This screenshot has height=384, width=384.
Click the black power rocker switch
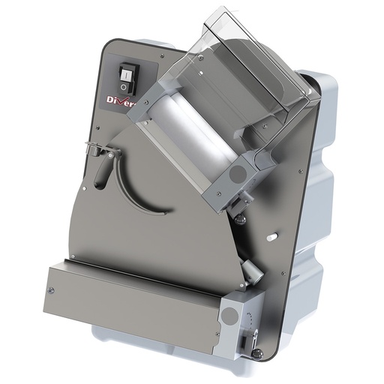[127, 73]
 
